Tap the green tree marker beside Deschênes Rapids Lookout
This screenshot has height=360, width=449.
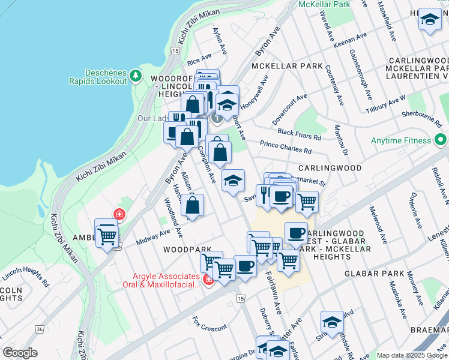[x=136, y=76]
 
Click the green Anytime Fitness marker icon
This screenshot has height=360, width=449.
[x=441, y=140]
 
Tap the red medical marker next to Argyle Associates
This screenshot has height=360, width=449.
[x=209, y=279]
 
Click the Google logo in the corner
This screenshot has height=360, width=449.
[x=20, y=353]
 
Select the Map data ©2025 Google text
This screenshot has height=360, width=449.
[x=412, y=355]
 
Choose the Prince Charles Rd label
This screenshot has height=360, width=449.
[x=286, y=148]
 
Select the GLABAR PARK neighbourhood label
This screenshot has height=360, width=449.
[x=375, y=273]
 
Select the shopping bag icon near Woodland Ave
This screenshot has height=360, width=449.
[x=192, y=206]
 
